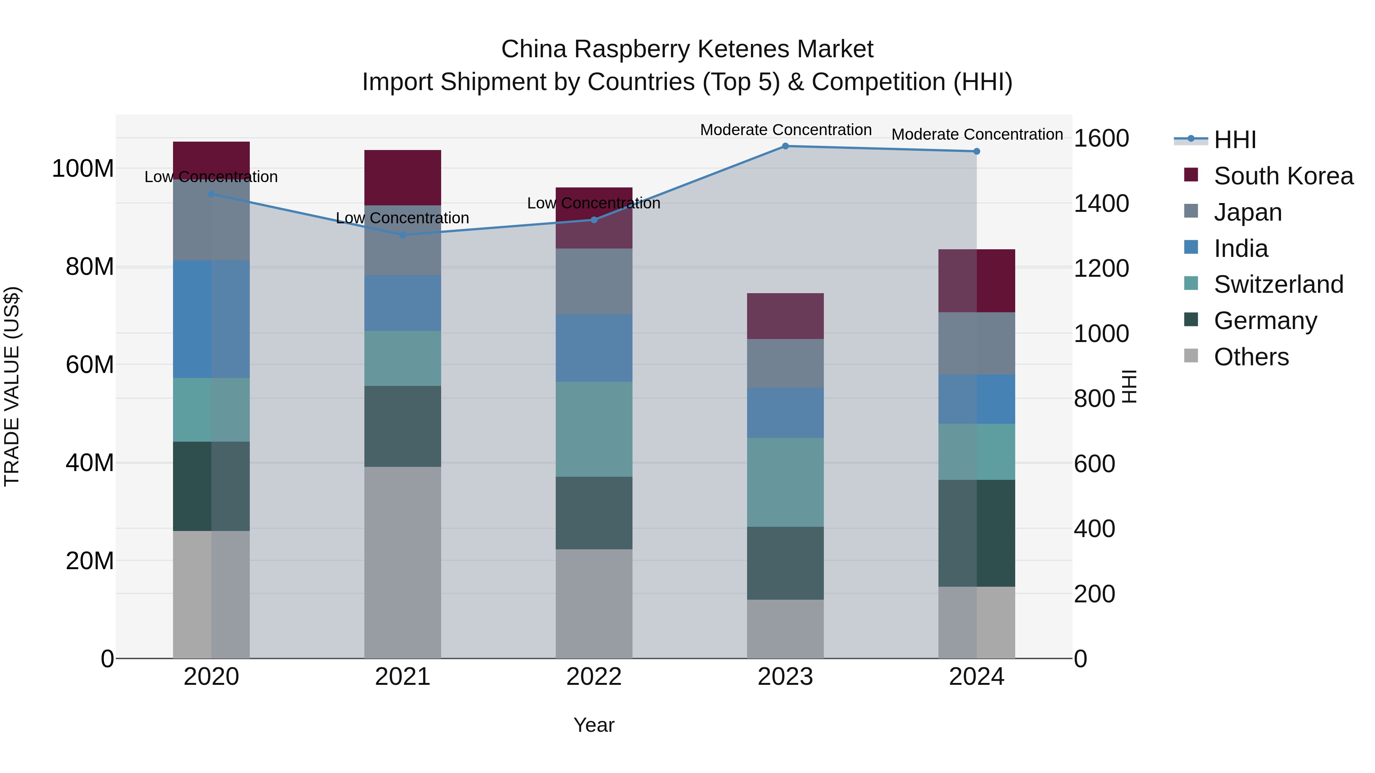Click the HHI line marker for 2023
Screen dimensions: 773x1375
[x=785, y=146]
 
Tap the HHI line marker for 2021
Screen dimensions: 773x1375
[x=403, y=235]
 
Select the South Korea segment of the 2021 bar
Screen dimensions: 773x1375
[x=403, y=177]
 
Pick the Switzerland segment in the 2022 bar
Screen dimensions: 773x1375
[x=594, y=429]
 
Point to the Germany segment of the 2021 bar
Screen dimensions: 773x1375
[x=403, y=426]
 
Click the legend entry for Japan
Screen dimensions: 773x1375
[x=1247, y=212]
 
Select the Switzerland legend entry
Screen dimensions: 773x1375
[x=1278, y=284]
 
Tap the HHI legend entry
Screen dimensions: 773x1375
[x=1234, y=140]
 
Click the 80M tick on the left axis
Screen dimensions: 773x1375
[x=90, y=267]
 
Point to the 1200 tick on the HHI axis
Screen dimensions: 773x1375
[x=1101, y=268]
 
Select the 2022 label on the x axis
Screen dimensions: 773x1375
[x=594, y=677]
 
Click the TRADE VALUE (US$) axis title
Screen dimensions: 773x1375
[x=12, y=386]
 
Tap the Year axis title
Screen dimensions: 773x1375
[x=594, y=725]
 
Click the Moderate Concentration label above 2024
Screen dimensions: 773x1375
[x=977, y=134]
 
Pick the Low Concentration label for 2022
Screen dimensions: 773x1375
[x=594, y=203]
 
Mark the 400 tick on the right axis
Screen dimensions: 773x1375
[x=1094, y=529]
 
